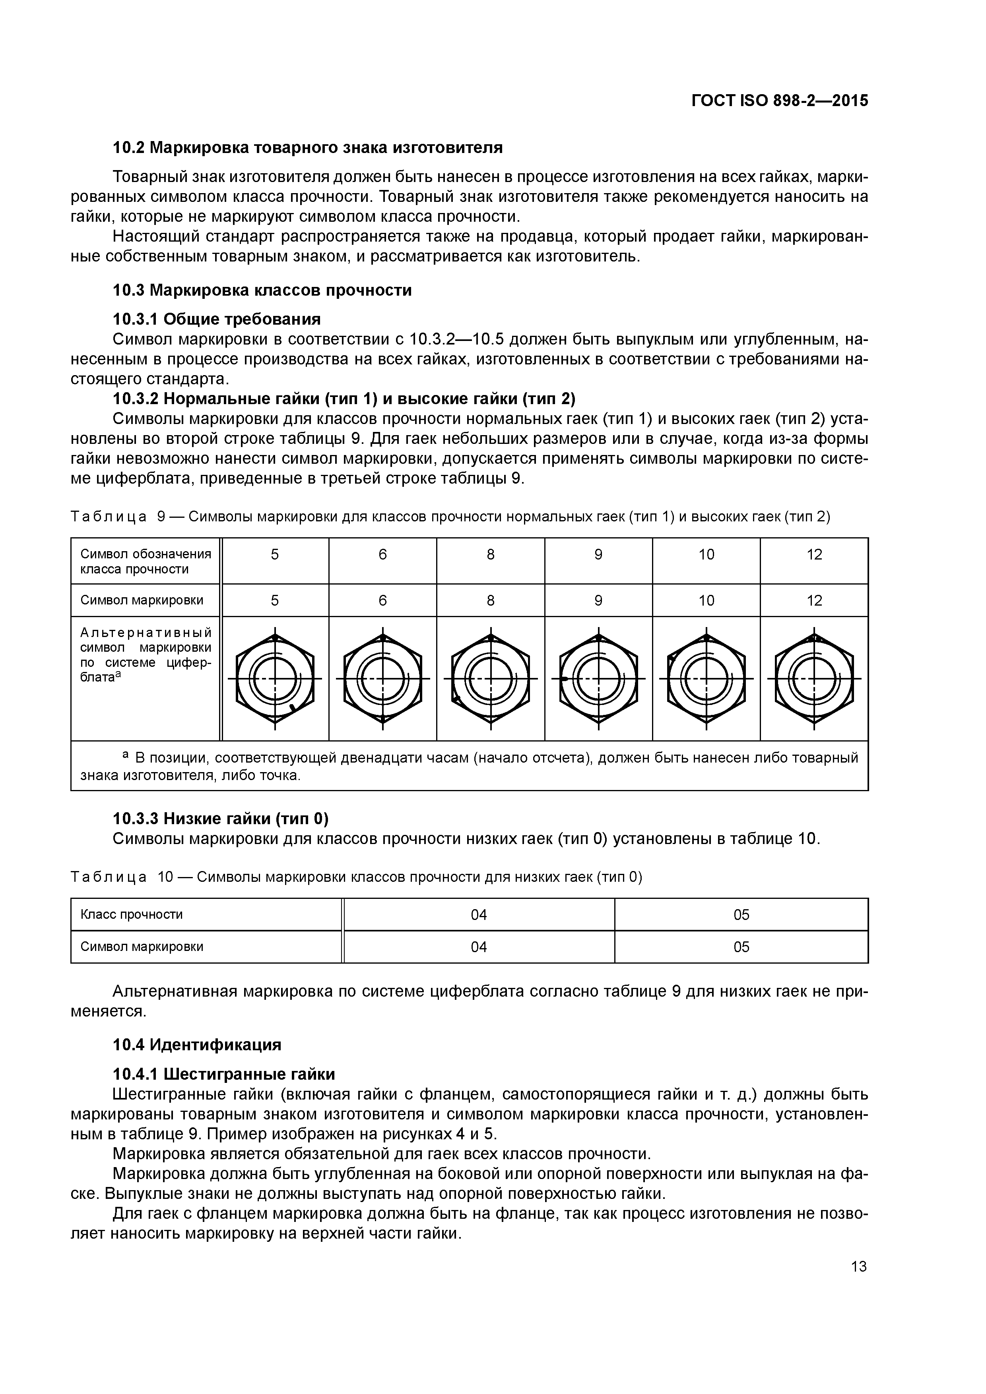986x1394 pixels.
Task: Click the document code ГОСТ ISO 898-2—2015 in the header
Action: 779,101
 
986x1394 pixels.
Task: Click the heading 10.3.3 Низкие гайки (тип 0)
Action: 220,819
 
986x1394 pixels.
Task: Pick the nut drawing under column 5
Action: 275,678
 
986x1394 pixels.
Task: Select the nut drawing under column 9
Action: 598,678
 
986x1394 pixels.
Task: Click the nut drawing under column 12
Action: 814,678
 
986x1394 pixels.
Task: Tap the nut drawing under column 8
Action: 490,678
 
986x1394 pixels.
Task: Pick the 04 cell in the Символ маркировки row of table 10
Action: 479,947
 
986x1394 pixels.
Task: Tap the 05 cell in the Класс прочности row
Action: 741,914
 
